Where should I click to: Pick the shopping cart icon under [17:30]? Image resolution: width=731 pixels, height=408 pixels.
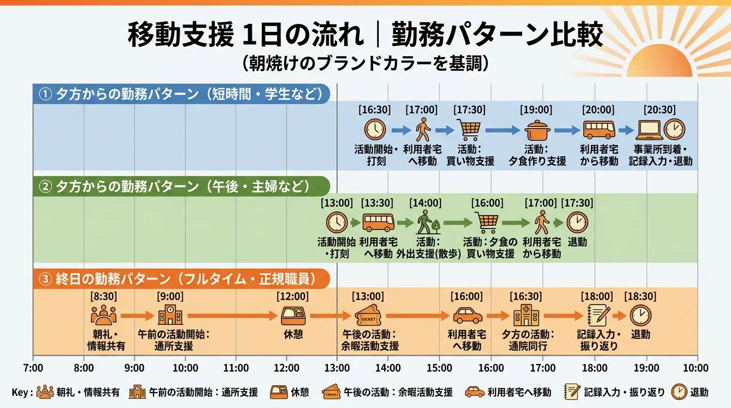[469, 130]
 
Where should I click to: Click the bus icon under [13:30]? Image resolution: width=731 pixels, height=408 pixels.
[378, 222]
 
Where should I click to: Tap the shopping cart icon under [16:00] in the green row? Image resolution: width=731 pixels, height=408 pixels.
[487, 222]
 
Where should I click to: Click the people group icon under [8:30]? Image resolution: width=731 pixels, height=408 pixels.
[103, 316]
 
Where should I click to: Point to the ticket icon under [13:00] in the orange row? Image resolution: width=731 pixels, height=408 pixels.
[368, 316]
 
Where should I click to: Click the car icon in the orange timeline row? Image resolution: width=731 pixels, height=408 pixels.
[467, 316]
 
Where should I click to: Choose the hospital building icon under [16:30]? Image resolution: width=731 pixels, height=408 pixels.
[526, 316]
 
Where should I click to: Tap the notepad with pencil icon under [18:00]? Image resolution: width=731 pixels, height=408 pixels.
[598, 316]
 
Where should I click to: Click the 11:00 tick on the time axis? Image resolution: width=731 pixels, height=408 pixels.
[236, 368]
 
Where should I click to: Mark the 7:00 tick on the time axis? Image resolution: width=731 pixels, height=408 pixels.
[33, 368]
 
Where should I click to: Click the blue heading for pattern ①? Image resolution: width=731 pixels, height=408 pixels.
[181, 93]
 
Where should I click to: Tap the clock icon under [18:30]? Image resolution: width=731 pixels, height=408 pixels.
[640, 316]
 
